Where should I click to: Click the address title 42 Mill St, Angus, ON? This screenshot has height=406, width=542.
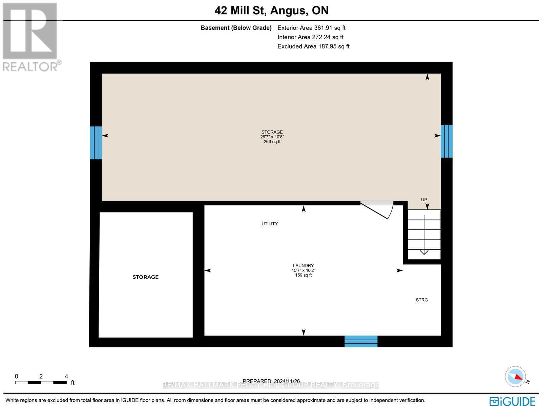271,11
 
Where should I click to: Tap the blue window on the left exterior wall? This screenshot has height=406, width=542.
96,143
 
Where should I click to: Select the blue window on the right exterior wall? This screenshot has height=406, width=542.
446,141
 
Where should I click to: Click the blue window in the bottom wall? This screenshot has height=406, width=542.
361,341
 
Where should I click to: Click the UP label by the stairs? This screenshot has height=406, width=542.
424,200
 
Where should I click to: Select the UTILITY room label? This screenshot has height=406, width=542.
270,224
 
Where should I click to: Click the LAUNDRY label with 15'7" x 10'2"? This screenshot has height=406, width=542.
303,270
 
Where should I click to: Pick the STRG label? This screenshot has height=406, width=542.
422,300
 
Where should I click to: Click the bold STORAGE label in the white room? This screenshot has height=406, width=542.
145,277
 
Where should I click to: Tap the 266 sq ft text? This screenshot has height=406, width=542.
272,142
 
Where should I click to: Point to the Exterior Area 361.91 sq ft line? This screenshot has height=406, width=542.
311,28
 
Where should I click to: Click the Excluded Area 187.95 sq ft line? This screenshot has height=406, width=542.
313,46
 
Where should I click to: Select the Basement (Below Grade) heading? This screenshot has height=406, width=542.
236,28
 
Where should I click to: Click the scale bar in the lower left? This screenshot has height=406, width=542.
41,383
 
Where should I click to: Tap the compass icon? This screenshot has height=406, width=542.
515,377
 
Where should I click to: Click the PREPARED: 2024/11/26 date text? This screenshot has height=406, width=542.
271,381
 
